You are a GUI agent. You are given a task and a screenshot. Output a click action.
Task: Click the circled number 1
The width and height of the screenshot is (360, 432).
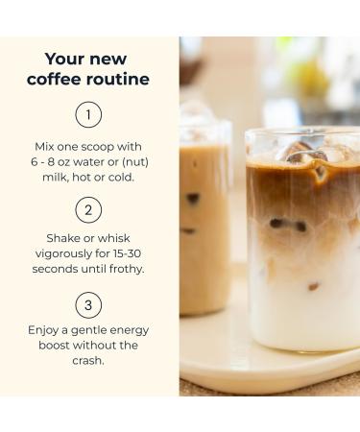click(89, 116)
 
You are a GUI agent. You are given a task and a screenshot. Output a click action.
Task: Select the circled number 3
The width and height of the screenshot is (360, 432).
click(89, 306)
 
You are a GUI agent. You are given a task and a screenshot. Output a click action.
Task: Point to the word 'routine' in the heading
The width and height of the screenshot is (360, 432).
click(119, 80)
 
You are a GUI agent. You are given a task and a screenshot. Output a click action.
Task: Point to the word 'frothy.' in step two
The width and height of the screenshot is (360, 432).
click(124, 268)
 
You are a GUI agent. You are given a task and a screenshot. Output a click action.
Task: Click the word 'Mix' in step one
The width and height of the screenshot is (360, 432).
click(44, 147)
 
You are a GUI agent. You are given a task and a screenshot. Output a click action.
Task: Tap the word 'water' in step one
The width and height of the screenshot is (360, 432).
click(101, 162)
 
